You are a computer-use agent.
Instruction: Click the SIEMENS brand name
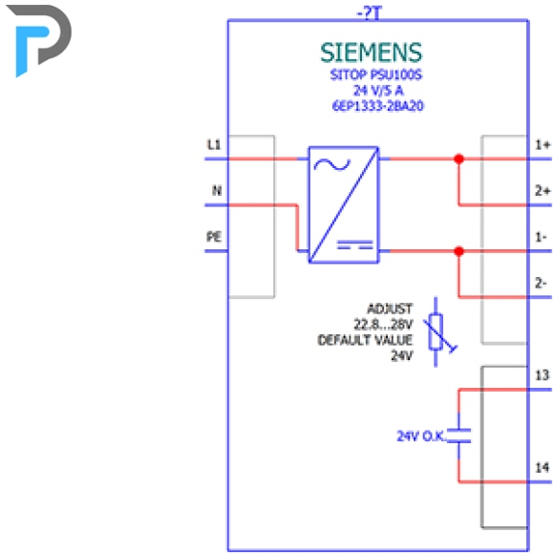[371, 53]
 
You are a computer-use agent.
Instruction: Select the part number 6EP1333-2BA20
[377, 106]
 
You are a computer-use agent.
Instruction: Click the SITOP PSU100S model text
[376, 75]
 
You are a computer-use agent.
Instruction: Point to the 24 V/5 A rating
[378, 91]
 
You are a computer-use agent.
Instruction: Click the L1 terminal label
[214, 144]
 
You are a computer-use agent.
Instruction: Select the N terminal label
[217, 191]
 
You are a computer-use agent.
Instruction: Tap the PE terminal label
[214, 237]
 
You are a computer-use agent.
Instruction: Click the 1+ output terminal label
[543, 144]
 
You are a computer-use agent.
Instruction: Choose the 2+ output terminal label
[543, 191]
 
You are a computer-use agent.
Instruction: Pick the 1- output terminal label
[541, 237]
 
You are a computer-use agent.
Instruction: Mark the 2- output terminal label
[541, 283]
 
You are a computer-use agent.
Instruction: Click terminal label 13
[543, 375]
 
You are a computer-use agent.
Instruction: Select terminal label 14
[543, 467]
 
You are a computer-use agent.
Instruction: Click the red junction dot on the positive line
[458, 159]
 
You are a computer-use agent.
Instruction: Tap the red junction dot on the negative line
[458, 251]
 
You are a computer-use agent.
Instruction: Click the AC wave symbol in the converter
[332, 165]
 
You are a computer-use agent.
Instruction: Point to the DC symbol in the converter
[355, 245]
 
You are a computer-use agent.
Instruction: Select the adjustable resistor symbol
[438, 332]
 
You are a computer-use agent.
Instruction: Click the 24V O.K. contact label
[420, 437]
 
